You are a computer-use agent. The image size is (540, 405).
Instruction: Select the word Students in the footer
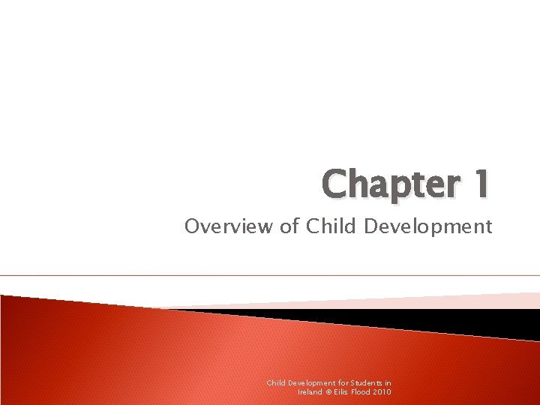[x=366, y=382]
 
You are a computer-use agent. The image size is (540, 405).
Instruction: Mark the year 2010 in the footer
[x=382, y=391]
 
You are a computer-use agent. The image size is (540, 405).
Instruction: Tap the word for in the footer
[x=346, y=382]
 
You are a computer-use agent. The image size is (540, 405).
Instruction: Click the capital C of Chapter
[x=335, y=184]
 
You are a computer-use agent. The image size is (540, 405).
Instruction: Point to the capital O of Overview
[x=191, y=226]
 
